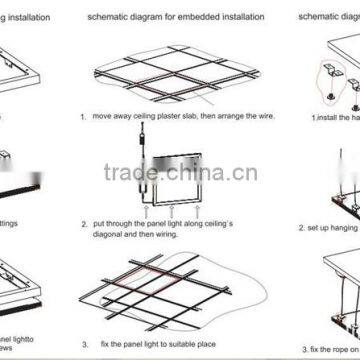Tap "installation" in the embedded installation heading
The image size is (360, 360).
237,19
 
